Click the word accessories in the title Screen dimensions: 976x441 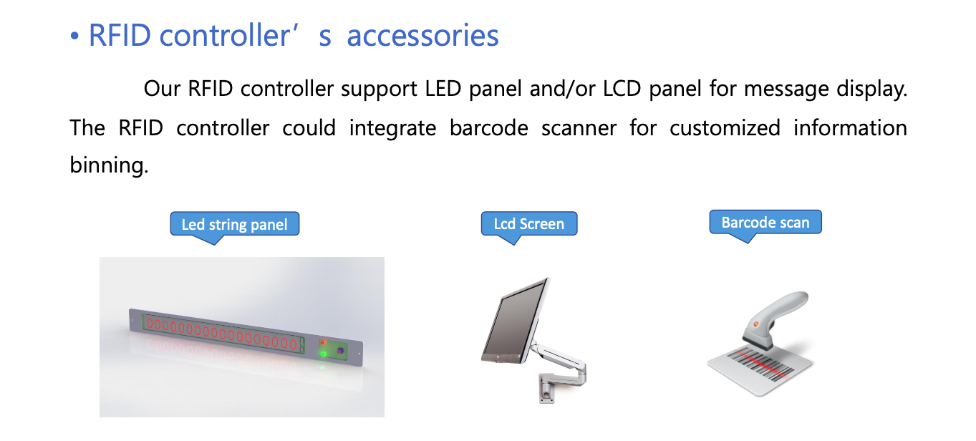(422, 36)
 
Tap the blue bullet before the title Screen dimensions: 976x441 (74, 37)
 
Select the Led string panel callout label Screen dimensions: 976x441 (234, 224)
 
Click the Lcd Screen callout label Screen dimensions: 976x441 (529, 224)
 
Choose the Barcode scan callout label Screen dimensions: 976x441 (765, 223)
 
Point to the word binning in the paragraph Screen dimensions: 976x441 (109, 165)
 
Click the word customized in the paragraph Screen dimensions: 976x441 (725, 128)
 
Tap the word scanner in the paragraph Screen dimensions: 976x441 (579, 129)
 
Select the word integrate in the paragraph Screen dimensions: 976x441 (392, 129)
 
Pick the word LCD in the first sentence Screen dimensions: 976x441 (622, 89)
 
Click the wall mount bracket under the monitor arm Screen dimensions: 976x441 (546, 388)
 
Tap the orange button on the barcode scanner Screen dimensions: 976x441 (756, 324)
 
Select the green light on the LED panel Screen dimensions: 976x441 (323, 354)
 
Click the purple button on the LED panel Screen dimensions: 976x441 (340, 350)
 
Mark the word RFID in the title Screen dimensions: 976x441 (120, 36)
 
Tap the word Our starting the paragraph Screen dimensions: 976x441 (162, 89)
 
